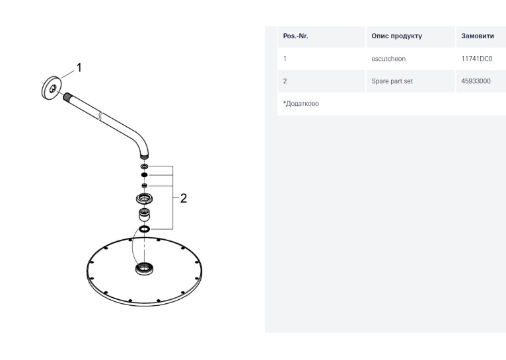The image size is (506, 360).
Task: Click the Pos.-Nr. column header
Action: click(295, 36)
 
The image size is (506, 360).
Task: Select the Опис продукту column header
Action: click(396, 36)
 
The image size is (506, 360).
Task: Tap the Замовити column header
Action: click(478, 36)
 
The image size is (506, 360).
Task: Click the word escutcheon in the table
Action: click(388, 59)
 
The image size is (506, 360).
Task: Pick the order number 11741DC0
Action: click(477, 59)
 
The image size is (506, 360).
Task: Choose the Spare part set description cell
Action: click(392, 81)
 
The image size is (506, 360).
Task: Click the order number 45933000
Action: click(476, 81)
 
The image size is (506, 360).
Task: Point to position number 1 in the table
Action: click(285, 59)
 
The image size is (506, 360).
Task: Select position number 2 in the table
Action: click(285, 81)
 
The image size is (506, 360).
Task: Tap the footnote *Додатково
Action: click(301, 104)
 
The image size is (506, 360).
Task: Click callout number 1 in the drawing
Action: click(79, 68)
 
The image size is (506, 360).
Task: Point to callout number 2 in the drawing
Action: click(183, 198)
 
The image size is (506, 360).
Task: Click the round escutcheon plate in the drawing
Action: click(52, 88)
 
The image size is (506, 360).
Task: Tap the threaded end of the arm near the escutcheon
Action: click(67, 96)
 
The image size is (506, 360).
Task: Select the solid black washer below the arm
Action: click(144, 175)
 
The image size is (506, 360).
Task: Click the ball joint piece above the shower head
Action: click(144, 215)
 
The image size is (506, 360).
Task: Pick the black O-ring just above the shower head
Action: click(144, 229)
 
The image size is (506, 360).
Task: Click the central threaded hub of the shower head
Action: click(144, 269)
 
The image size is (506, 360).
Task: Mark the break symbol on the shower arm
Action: click(100, 116)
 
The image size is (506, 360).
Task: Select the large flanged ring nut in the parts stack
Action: click(144, 198)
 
